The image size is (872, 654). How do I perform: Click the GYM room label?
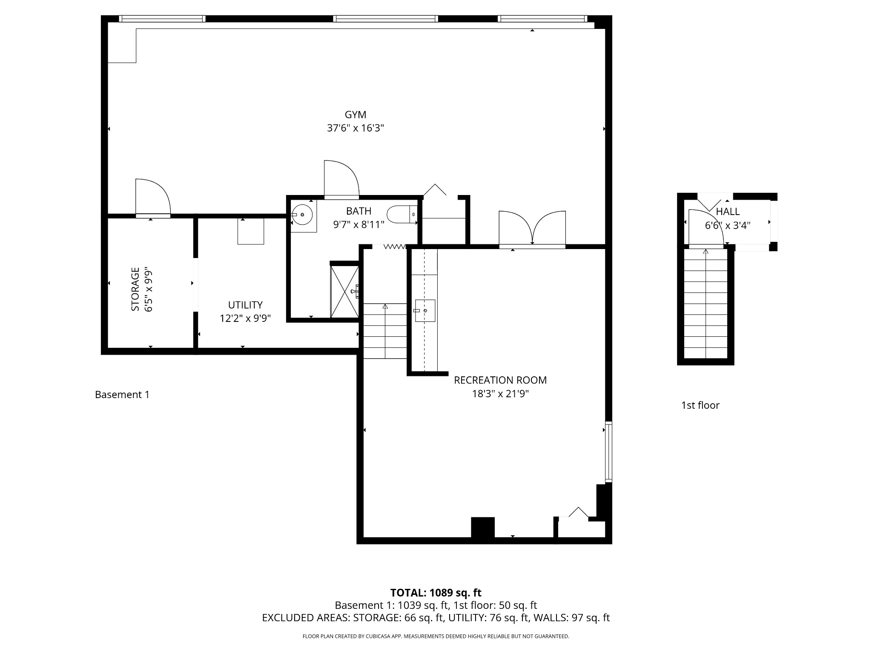[356, 115]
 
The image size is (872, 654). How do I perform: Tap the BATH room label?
[359, 211]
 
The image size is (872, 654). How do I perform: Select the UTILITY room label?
[245, 305]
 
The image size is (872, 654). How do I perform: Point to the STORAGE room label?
[135, 289]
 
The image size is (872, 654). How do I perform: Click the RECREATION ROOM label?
[500, 380]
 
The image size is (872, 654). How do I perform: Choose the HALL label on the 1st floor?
[728, 212]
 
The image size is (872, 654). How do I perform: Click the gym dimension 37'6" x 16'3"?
[356, 128]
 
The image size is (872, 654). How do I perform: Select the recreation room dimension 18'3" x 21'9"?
[500, 394]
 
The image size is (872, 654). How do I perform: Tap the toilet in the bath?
[402, 215]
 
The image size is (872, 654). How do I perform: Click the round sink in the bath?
[302, 215]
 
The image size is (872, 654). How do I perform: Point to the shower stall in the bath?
[344, 292]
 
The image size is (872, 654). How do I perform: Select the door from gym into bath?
[341, 180]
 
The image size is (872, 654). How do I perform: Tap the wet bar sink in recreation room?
[425, 310]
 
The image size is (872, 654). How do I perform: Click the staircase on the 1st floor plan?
[706, 304]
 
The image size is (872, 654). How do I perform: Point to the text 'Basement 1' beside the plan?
[122, 395]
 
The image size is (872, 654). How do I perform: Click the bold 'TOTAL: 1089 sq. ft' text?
[436, 593]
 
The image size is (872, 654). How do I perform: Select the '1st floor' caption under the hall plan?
[700, 405]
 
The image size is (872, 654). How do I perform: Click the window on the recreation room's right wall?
[609, 452]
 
